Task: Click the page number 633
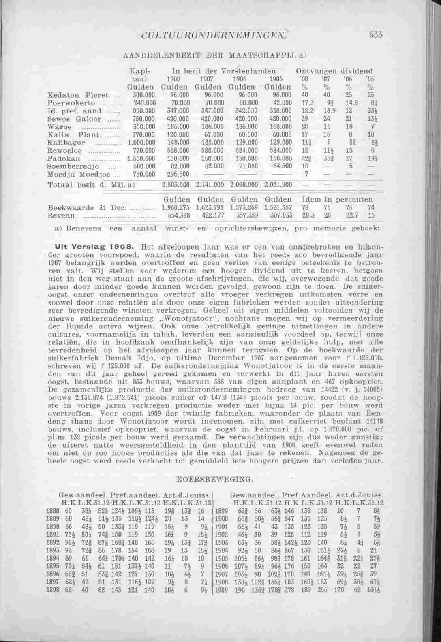click(376, 35)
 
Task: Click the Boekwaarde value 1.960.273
click(176, 207)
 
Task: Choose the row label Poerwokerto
click(71, 103)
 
